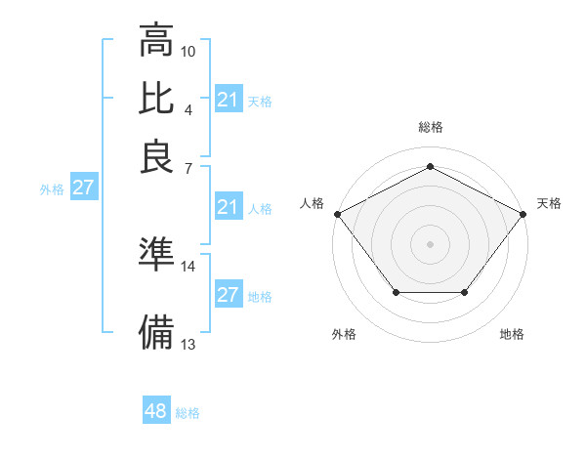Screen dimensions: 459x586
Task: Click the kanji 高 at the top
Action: (x=156, y=42)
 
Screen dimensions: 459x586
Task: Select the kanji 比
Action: (x=156, y=99)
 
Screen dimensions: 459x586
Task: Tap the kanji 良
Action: (x=156, y=158)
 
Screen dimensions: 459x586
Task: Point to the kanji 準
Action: (x=156, y=254)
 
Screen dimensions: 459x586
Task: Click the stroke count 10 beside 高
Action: (x=188, y=51)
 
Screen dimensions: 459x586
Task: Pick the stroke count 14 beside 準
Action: (x=188, y=266)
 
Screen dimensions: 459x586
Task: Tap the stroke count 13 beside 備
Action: (x=188, y=344)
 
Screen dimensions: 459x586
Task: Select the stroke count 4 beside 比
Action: (x=188, y=108)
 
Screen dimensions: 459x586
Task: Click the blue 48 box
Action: (x=155, y=412)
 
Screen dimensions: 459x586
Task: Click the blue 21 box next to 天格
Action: (x=229, y=100)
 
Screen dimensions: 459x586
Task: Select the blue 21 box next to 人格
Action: (x=229, y=207)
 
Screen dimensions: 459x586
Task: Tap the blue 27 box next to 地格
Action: (x=229, y=295)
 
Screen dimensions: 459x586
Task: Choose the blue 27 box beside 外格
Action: (x=83, y=188)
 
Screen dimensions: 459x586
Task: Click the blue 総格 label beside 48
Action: (x=188, y=413)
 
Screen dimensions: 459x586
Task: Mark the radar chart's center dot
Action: (x=430, y=242)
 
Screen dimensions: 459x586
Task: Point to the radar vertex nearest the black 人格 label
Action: (x=337, y=213)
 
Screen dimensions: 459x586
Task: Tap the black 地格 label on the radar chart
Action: (x=512, y=334)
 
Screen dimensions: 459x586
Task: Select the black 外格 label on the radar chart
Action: (x=344, y=334)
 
